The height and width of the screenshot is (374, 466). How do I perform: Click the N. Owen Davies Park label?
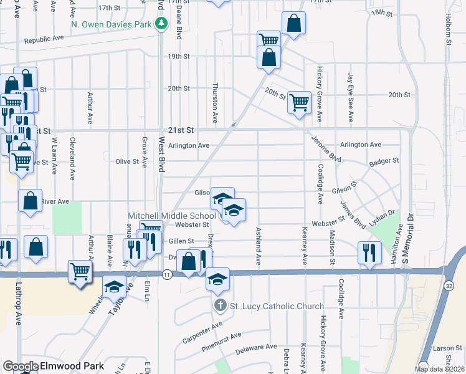tap(111, 24)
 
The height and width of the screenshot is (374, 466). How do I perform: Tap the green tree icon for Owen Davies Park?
tap(162, 24)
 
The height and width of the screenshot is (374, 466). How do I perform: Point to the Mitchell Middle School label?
tap(172, 216)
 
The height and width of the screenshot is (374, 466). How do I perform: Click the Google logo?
tap(21, 367)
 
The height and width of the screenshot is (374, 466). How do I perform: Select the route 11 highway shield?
tap(166, 274)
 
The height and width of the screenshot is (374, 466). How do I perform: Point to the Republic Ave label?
tap(44, 39)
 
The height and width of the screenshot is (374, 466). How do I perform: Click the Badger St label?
tap(384, 161)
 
